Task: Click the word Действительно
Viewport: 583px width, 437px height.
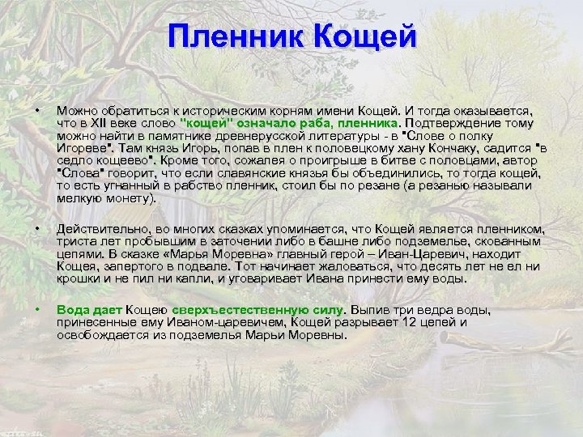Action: tap(99, 229)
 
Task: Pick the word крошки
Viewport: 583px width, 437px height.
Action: tap(77, 278)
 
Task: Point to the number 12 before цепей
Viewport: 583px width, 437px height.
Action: tap(415, 322)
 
